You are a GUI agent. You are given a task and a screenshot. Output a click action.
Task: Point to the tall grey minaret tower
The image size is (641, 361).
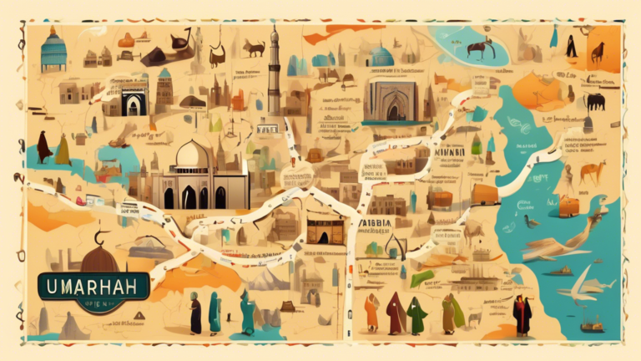pyautogui.click(x=274, y=71)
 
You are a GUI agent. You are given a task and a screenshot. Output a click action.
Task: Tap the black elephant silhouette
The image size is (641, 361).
pyautogui.click(x=594, y=102)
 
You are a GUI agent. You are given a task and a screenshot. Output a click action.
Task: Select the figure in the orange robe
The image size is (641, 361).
pyautogui.click(x=371, y=313)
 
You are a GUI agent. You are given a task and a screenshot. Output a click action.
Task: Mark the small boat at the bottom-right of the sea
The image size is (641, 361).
pyautogui.click(x=592, y=325)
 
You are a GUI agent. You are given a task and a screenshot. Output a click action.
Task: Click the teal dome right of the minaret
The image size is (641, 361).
pyautogui.click(x=383, y=55)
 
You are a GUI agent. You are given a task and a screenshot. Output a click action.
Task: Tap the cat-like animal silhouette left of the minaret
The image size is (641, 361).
pyautogui.click(x=253, y=48)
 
